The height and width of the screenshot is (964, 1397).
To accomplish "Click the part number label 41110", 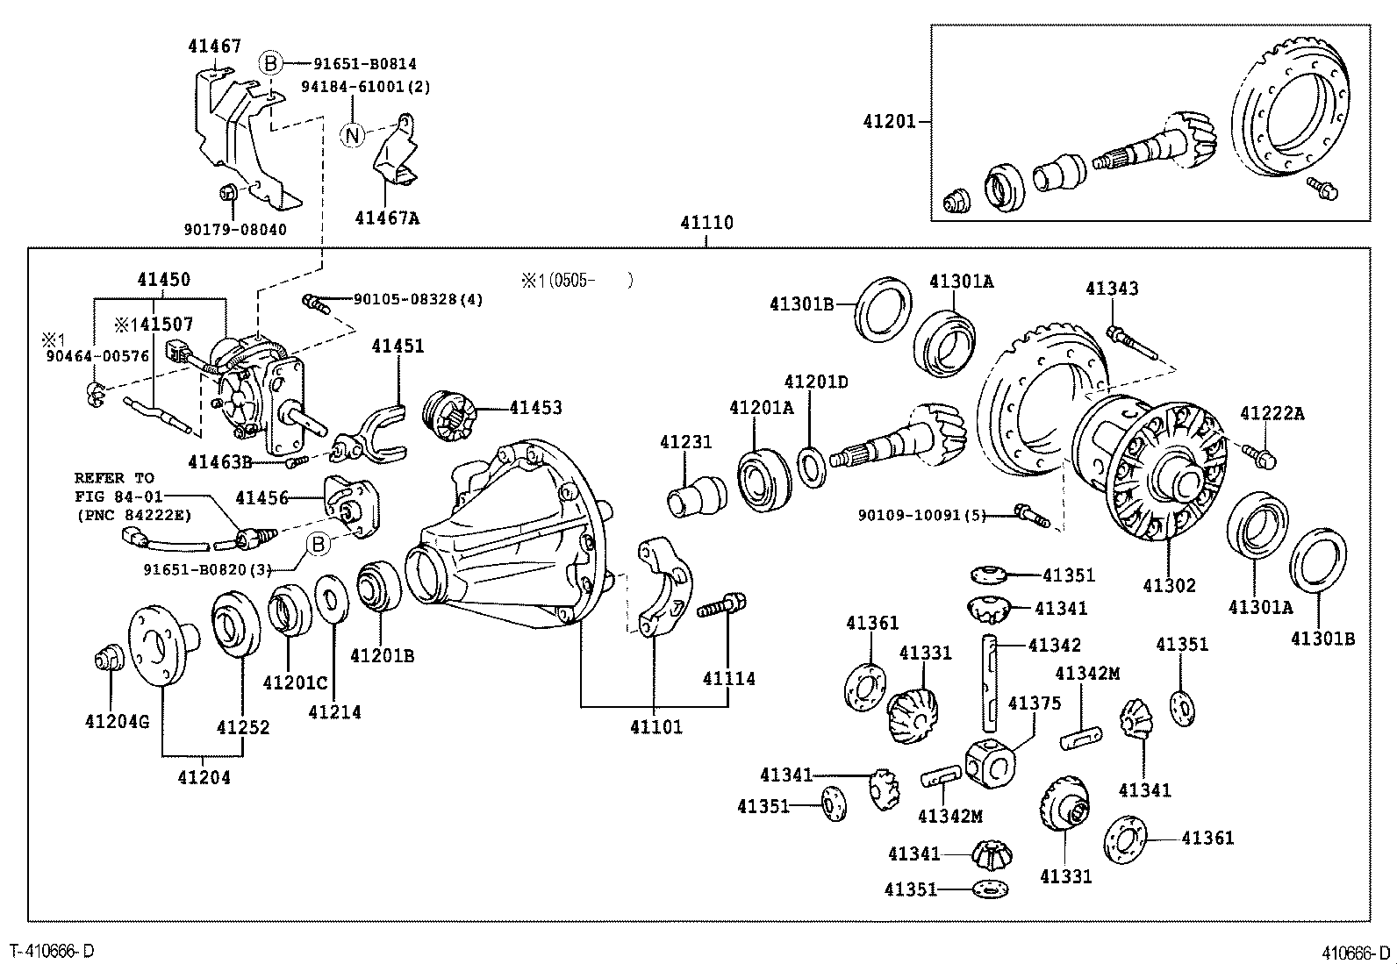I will [x=706, y=223].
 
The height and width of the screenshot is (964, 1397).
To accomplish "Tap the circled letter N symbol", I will [x=352, y=136].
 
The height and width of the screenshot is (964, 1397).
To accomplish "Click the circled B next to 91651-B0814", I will [x=270, y=63].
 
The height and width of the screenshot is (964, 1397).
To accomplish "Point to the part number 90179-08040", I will [x=235, y=230].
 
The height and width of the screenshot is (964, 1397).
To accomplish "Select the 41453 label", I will [x=535, y=408].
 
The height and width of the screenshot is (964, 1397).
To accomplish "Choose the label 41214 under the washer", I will [x=334, y=712].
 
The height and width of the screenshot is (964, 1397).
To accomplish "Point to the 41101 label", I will [x=656, y=726].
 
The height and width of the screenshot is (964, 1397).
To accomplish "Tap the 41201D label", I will [x=816, y=382].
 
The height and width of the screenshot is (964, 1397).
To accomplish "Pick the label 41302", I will [x=1169, y=585].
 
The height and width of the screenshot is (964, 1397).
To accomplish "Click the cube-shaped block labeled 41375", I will [x=990, y=760].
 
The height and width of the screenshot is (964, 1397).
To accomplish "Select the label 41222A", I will [x=1272, y=414].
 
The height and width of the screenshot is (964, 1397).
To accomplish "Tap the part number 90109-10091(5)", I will [x=921, y=516].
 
